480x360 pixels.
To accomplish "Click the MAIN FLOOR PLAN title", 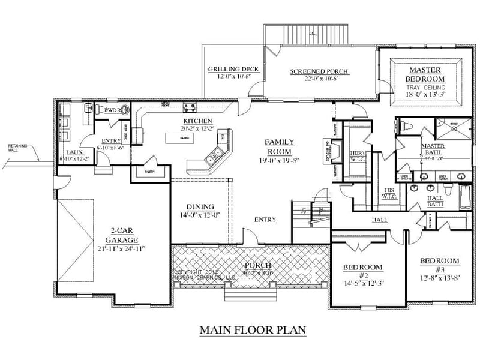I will pos(253,329).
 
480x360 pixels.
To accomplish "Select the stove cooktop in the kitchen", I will pos(190,109).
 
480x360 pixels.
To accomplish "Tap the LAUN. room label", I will pos(75,152).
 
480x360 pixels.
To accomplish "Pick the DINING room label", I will pos(201,208).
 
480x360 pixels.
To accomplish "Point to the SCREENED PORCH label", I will pos(319,72).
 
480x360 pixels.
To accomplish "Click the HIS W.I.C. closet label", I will pos(388,193).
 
